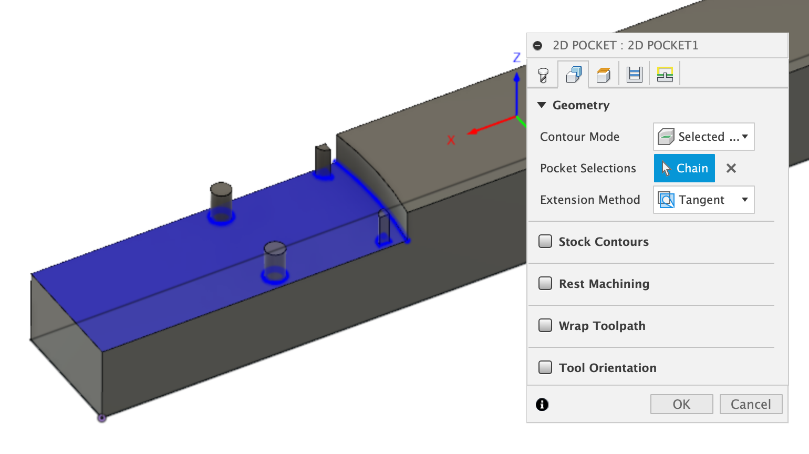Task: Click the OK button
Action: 681,404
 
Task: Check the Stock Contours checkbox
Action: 545,241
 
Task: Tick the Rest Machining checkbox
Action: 545,283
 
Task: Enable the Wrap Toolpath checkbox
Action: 545,325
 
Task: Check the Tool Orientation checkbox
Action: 545,367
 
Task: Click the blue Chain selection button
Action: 684,168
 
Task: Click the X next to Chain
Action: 731,168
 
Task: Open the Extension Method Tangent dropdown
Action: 703,200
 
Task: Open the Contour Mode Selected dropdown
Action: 703,137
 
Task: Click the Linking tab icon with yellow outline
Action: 665,75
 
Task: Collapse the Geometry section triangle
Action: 542,105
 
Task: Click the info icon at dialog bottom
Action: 542,404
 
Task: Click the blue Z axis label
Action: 516,57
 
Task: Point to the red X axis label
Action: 451,140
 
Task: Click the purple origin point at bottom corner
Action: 102,418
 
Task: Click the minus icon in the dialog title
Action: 537,46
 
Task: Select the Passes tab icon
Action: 634,75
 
